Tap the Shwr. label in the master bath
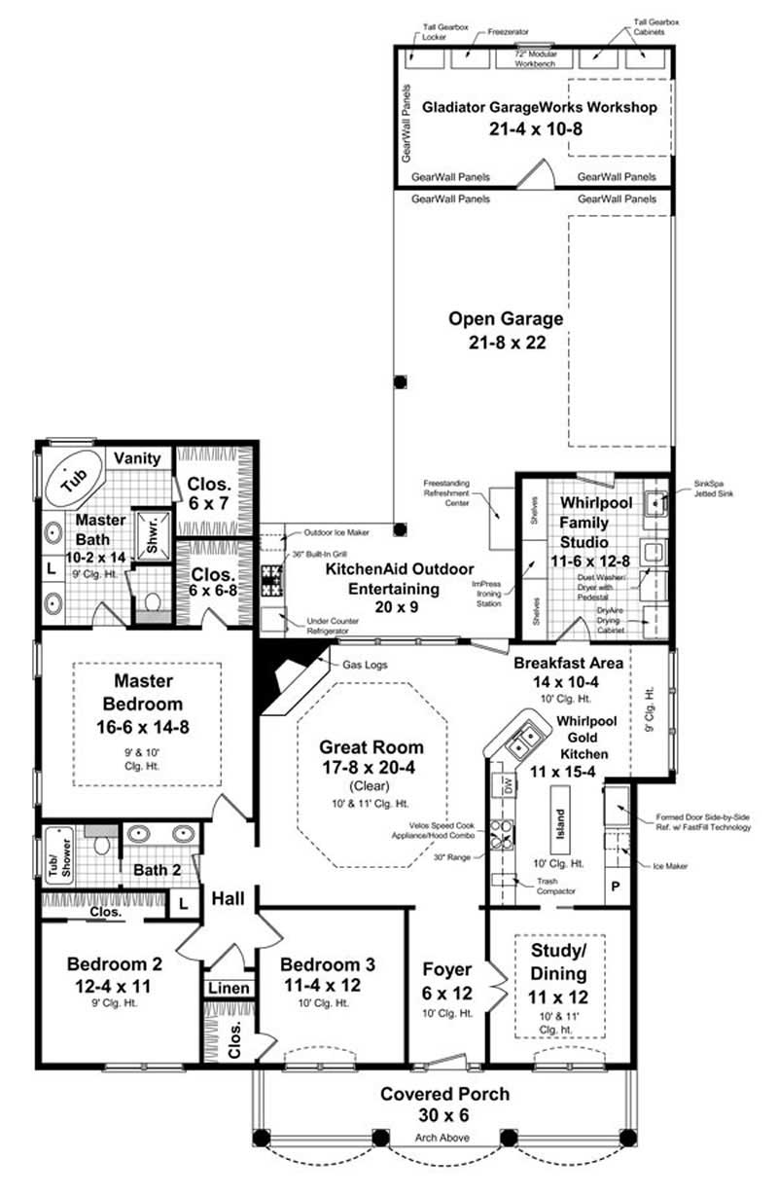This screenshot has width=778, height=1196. click(x=152, y=533)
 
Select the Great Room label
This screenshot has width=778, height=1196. click(x=371, y=747)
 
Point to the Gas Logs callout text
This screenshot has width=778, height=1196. click(x=363, y=664)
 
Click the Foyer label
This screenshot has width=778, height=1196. click(x=446, y=969)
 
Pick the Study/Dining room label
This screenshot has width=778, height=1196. click(x=558, y=961)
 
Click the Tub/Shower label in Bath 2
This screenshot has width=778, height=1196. click(x=59, y=857)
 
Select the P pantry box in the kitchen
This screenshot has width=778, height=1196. click(x=615, y=887)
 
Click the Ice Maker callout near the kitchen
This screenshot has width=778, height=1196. click(x=664, y=863)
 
